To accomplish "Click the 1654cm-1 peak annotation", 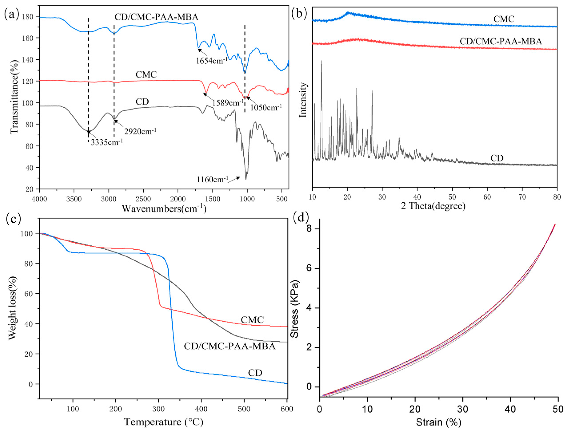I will (x=211, y=61).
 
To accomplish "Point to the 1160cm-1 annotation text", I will (x=212, y=179).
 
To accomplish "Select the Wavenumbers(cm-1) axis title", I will (x=164, y=208).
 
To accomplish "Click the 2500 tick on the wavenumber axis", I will (x=143, y=199).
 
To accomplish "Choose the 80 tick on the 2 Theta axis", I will (x=557, y=197).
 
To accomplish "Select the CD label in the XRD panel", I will (x=497, y=158).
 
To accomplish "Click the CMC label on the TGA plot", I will (x=252, y=320).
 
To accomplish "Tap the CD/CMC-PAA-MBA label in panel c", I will (x=230, y=346).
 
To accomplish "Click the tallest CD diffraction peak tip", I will (x=321, y=61).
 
